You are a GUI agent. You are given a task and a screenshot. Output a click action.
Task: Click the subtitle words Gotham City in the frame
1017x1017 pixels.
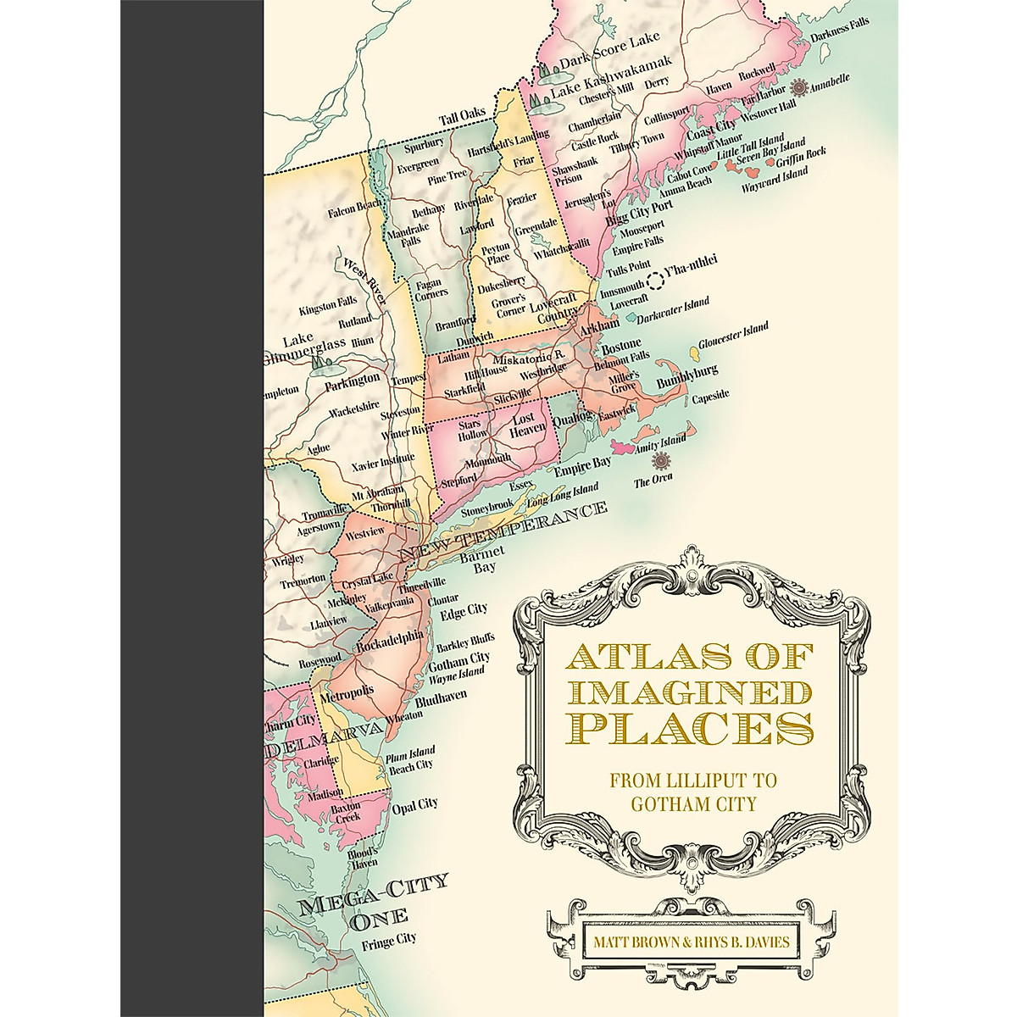tap(692, 803)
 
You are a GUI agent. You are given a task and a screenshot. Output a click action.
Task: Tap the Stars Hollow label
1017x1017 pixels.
tap(472, 429)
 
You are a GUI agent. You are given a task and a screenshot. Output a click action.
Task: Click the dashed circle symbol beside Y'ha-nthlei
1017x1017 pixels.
tap(654, 282)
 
